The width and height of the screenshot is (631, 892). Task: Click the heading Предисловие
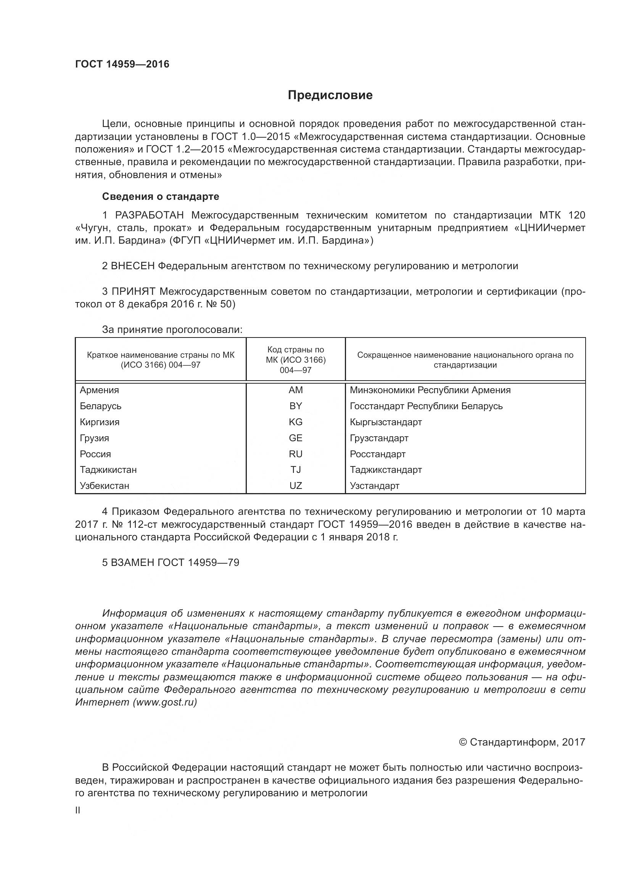[330, 95]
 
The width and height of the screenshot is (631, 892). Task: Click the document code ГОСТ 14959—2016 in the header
[122, 64]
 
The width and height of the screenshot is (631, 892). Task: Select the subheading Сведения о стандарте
[161, 196]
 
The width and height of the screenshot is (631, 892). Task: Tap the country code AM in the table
[295, 390]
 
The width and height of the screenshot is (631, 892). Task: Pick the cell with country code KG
[295, 422]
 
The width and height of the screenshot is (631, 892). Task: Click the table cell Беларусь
[101, 406]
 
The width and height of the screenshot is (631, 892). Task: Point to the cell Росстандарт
[377, 454]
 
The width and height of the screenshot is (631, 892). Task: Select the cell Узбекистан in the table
[105, 485]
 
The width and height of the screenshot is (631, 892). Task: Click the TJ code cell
[295, 470]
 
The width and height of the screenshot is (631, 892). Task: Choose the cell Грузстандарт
[379, 438]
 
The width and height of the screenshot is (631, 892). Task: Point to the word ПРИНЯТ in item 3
[134, 291]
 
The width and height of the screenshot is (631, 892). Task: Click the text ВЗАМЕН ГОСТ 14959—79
[171, 563]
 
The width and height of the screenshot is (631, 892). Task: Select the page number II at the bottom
[78, 810]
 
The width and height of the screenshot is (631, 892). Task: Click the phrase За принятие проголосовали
[172, 330]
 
